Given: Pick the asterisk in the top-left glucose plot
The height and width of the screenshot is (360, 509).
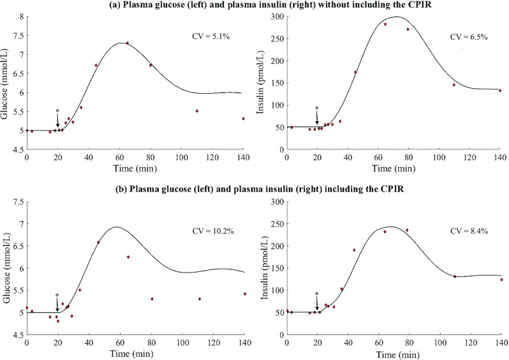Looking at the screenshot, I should click(57, 112).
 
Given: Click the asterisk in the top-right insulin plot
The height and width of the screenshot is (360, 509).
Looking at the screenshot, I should click(317, 109).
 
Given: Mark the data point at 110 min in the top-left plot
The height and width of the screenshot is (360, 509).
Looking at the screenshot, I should click(197, 111).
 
